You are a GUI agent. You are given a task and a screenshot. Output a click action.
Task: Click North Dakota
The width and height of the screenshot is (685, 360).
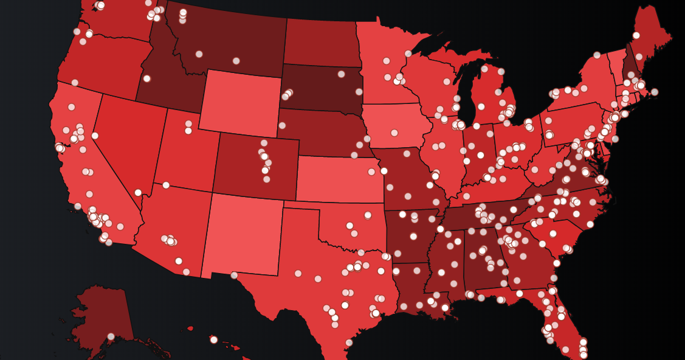(319, 43)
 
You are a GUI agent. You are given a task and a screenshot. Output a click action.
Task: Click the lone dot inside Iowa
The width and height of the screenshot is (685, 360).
(394, 133)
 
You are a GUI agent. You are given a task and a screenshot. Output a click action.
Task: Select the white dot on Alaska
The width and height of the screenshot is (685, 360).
(111, 336)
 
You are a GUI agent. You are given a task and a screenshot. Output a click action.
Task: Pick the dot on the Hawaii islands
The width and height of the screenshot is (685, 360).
(214, 339)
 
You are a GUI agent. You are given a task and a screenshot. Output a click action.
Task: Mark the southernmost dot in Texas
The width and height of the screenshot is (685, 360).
(349, 343)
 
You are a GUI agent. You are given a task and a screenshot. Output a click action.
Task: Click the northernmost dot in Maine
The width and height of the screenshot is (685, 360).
(636, 35)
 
